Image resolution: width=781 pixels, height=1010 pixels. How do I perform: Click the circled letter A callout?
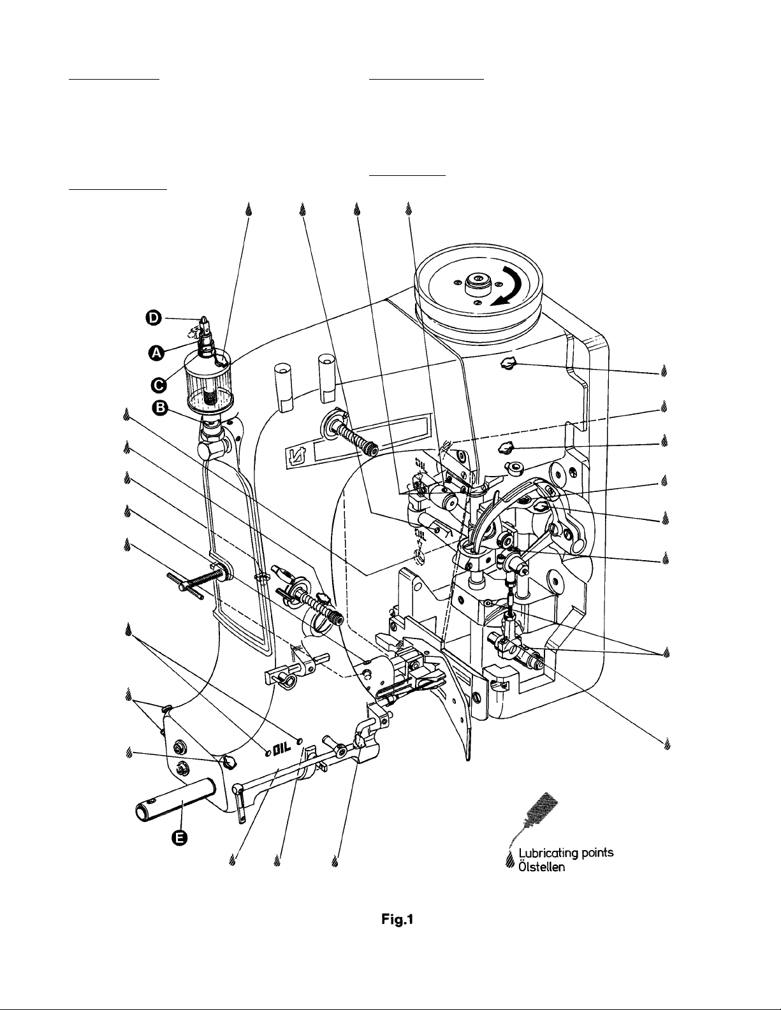click(x=156, y=353)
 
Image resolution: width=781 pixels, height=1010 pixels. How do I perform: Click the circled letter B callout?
click(x=160, y=408)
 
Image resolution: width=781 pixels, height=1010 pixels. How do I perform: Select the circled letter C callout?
click(x=158, y=385)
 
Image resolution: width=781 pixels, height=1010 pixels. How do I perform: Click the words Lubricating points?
click(x=566, y=853)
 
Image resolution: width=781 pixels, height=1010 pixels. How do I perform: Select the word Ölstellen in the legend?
click(x=542, y=867)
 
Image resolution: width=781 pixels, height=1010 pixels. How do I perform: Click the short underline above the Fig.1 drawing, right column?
click(x=407, y=176)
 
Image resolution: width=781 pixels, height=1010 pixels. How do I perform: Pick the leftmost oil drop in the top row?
click(x=249, y=210)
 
